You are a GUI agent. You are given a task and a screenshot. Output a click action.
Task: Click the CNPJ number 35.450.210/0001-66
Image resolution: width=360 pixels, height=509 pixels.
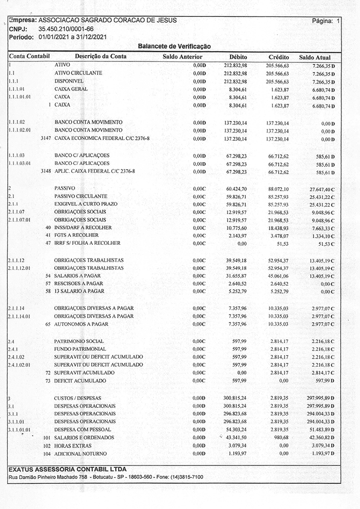pyautogui.click(x=66, y=29)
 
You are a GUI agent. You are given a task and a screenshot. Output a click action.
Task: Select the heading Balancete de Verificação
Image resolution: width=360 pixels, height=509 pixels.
pyautogui.click(x=174, y=46)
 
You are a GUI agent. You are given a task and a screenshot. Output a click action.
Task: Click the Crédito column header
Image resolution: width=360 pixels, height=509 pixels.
pyautogui.click(x=278, y=57)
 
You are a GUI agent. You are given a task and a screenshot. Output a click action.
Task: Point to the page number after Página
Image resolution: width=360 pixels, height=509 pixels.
pyautogui.click(x=338, y=21)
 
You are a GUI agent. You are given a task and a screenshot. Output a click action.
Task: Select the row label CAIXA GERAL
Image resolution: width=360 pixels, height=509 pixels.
pyautogui.click(x=71, y=89)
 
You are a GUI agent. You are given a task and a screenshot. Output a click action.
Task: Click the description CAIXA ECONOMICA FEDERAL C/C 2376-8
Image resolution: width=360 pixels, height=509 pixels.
pyautogui.click(x=102, y=138)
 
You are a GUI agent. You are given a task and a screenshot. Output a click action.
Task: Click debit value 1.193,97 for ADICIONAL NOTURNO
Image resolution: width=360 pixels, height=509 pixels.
pyautogui.click(x=237, y=453)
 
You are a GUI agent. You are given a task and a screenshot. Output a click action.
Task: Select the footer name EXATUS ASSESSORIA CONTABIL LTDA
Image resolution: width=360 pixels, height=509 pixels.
pyautogui.click(x=68, y=469)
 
